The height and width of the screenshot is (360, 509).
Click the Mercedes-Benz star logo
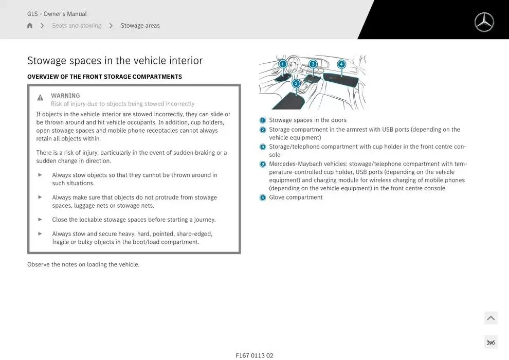coord(484,22)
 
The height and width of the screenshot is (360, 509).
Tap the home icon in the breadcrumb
coord(30,26)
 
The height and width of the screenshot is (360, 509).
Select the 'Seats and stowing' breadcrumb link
coord(77,26)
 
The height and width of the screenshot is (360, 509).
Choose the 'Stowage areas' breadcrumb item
coord(140,26)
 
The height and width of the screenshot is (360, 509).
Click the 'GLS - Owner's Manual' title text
coord(57,14)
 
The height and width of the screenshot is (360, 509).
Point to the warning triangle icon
coord(40,98)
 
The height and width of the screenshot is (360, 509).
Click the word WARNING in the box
coord(65,96)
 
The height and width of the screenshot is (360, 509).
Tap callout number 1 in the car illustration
coord(283,64)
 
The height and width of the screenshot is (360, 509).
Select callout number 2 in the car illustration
coord(296,83)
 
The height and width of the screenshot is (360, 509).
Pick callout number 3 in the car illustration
coord(313,64)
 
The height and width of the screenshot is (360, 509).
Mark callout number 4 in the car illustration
coord(341,64)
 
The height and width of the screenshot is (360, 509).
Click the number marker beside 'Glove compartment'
coord(263,197)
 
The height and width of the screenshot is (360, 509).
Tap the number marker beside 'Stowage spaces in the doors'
coord(263,120)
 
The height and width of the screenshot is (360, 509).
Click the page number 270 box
coord(490,343)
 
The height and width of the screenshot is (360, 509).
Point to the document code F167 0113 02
coord(254,355)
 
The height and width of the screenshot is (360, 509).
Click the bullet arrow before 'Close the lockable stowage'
coord(40,219)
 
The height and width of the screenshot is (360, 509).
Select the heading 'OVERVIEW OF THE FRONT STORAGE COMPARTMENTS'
coord(104,77)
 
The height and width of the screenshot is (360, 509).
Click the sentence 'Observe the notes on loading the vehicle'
coord(83,265)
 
